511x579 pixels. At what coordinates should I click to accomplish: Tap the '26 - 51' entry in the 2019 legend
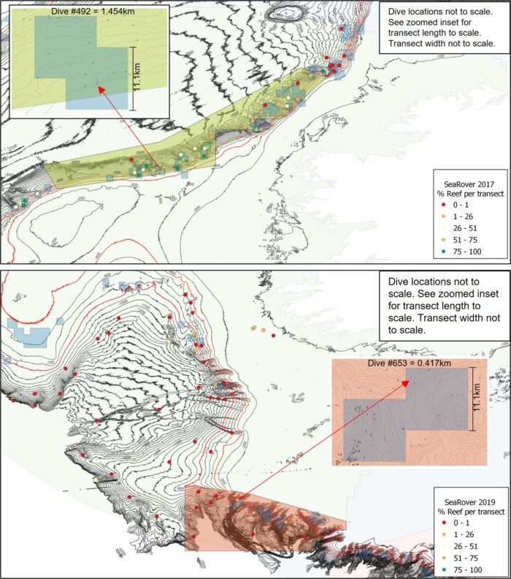point(467,546)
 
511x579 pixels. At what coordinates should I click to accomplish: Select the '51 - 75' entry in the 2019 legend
point(467,559)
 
